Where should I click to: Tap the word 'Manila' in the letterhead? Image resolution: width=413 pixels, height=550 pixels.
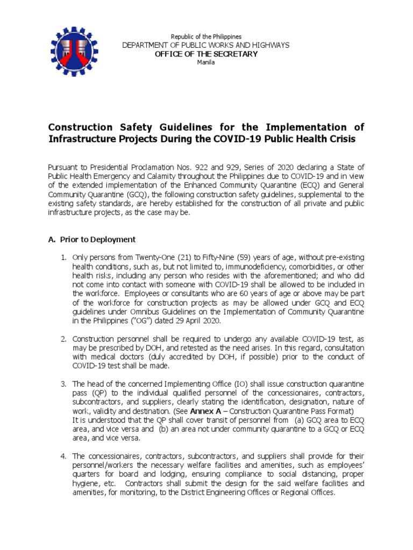click(206, 62)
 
